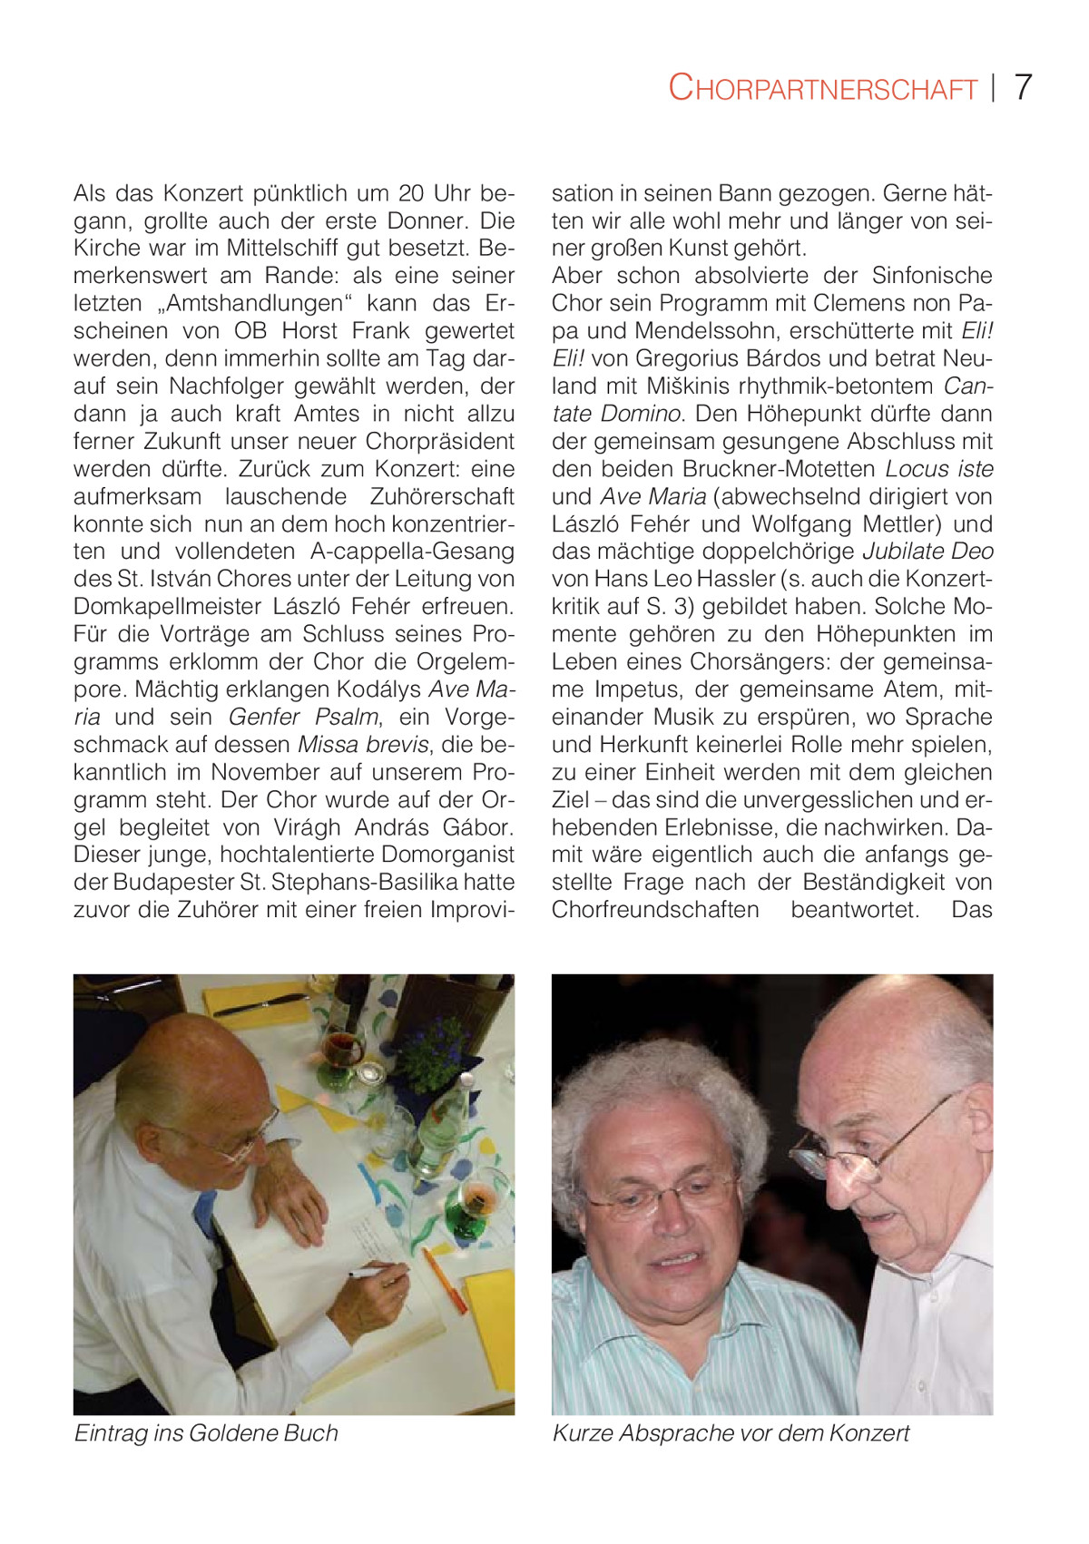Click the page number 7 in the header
pyautogui.click(x=1023, y=87)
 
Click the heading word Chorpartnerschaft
pyautogui.click(x=822, y=88)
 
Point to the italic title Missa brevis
pyautogui.click(x=363, y=745)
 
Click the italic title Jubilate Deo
pyautogui.click(x=927, y=552)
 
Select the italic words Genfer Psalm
pyautogui.click(x=303, y=718)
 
